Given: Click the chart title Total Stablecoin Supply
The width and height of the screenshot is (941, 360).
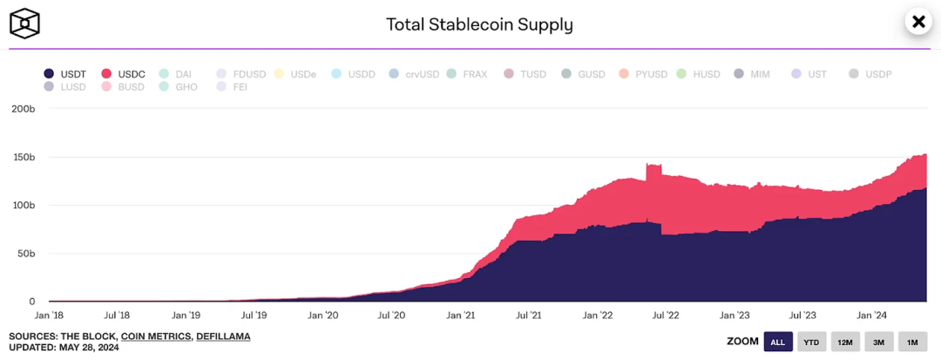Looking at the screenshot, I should (479, 24).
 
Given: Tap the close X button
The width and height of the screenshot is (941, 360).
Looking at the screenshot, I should (917, 22).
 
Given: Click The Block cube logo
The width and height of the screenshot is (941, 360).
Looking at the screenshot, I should (25, 24).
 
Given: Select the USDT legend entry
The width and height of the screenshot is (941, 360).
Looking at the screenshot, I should (65, 74).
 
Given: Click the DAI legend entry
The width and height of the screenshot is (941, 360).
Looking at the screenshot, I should (176, 74).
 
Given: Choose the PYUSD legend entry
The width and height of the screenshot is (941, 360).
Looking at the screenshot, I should (644, 74).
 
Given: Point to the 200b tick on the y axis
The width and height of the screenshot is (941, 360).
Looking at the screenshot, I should (23, 109).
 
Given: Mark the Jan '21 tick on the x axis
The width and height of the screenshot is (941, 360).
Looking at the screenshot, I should (461, 316).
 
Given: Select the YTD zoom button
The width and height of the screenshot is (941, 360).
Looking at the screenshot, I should (811, 342).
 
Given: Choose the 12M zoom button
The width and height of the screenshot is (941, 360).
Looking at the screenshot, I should (845, 342).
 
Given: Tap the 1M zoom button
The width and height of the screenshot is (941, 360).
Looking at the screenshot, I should (912, 342).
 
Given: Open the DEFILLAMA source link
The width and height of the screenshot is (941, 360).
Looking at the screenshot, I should (223, 336).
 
